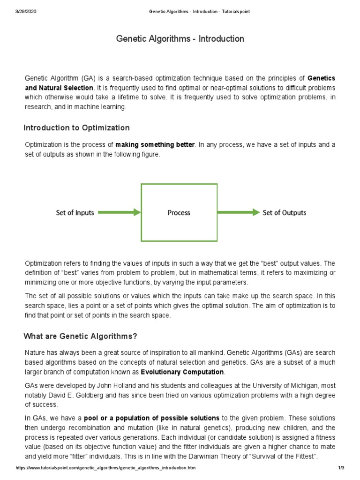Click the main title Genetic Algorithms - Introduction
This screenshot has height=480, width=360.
180,38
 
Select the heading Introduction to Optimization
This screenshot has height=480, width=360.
76,128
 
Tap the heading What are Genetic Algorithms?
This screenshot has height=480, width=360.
80,336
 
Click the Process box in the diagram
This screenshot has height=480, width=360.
179,212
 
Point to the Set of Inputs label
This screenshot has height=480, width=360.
75,212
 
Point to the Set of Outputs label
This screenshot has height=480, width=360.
284,212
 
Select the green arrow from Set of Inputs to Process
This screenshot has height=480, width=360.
120,212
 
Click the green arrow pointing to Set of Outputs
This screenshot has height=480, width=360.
238,212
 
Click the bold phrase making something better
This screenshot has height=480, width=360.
155,145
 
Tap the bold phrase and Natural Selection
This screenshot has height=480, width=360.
60,88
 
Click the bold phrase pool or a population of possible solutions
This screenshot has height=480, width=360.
151,418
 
